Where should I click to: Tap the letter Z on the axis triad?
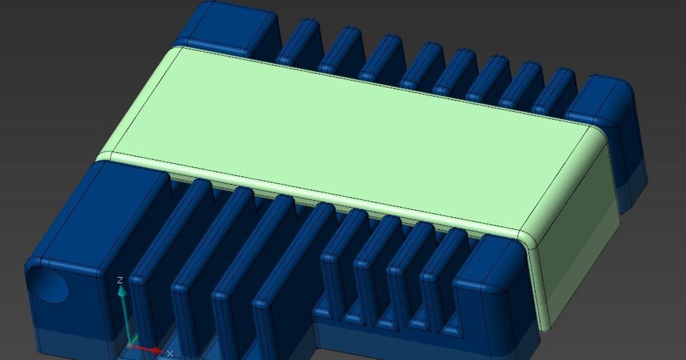120,280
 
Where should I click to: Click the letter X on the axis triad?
170,354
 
